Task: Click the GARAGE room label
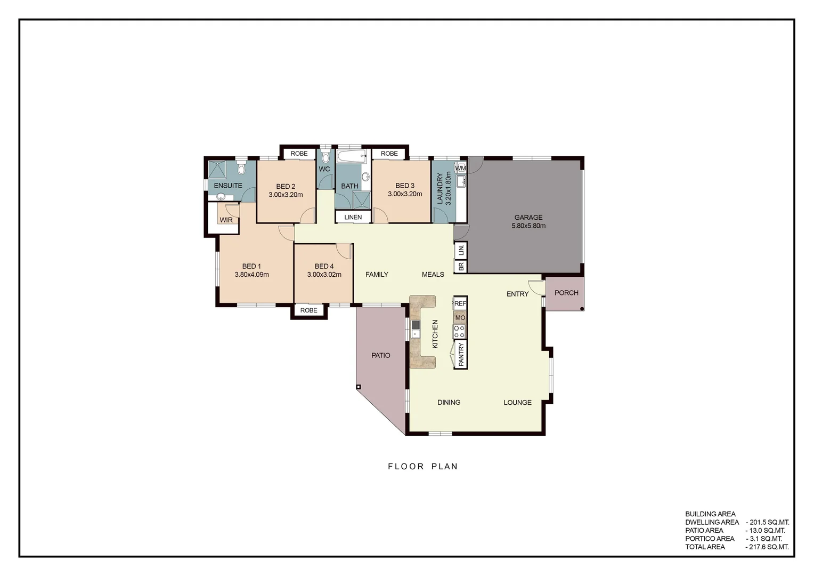(x=528, y=218)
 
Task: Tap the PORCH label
(x=566, y=293)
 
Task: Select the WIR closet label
(x=226, y=220)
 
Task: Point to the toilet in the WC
(x=326, y=157)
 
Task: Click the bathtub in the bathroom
(x=352, y=157)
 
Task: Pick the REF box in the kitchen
(x=460, y=303)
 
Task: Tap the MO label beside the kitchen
(x=460, y=318)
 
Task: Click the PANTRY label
(x=461, y=355)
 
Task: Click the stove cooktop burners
(x=459, y=331)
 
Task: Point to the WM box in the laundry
(x=461, y=168)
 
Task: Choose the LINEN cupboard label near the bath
(x=353, y=217)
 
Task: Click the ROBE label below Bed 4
(x=308, y=310)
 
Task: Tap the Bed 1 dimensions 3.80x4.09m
(x=251, y=275)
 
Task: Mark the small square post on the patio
(x=359, y=387)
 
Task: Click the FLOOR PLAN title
(x=423, y=467)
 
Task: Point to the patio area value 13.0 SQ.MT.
(x=767, y=531)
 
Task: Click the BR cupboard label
(x=461, y=266)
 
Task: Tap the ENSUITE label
(x=228, y=186)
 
